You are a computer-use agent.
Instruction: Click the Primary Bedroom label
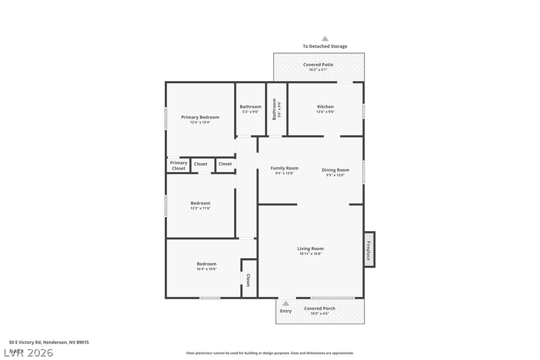click(200, 117)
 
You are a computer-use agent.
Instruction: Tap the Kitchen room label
click(326, 106)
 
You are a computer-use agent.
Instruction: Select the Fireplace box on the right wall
click(369, 249)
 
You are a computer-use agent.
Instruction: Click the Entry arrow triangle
click(286, 303)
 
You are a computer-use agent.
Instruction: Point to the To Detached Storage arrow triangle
click(325, 39)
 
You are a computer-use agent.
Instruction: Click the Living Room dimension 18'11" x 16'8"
click(311, 254)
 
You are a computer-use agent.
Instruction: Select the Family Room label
click(284, 168)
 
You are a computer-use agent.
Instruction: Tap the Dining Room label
click(335, 170)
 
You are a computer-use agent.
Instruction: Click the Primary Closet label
click(179, 166)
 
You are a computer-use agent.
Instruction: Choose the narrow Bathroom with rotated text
click(276, 109)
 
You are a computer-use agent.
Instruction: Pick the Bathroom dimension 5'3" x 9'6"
click(250, 112)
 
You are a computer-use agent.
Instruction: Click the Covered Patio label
click(318, 65)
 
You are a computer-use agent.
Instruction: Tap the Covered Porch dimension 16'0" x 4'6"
click(320, 314)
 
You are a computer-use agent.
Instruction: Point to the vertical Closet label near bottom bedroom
click(248, 280)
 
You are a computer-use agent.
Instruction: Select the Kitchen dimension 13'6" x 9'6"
click(326, 112)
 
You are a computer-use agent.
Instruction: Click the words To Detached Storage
click(325, 46)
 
